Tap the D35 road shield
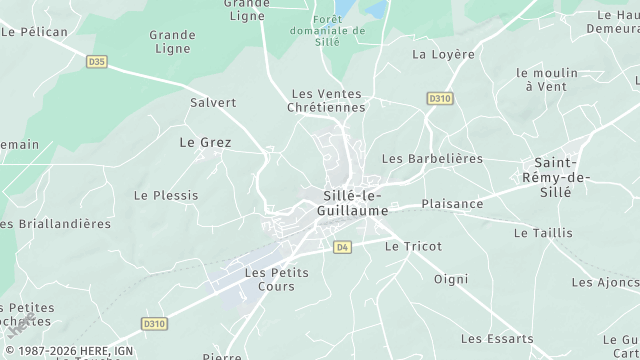tap(97, 62)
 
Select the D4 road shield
tap(343, 247)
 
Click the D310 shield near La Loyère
tap(438, 98)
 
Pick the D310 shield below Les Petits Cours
tap(153, 324)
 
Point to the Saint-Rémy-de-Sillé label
tap(567, 177)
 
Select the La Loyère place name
tap(443, 54)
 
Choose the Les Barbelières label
tap(432, 159)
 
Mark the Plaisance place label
tap(452, 204)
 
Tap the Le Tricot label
tap(413, 246)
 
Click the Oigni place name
tap(451, 279)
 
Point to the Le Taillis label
tap(543, 233)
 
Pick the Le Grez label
tap(205, 143)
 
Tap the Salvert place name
tap(213, 102)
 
